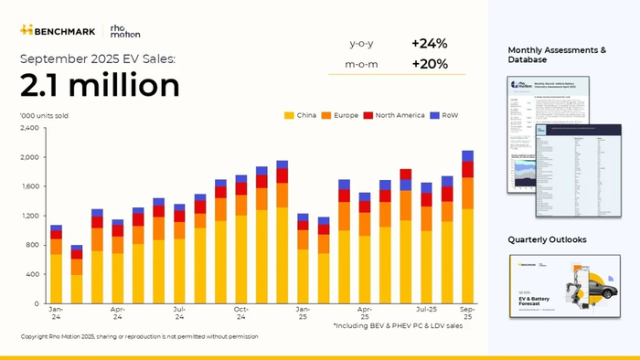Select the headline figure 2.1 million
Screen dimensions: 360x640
click(100, 85)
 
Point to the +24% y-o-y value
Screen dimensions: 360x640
click(429, 44)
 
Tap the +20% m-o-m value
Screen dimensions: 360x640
click(429, 63)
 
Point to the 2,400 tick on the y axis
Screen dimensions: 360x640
click(31, 128)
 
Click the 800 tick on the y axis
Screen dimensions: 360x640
click(34, 245)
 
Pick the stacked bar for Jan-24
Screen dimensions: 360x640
click(57, 264)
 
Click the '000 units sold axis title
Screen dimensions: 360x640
click(44, 116)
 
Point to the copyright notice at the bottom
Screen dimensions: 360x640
click(139, 336)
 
